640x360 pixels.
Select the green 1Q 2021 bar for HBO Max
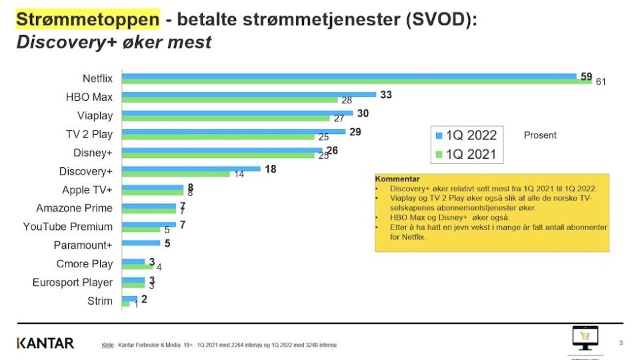click(230, 100)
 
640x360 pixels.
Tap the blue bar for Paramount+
click(141, 243)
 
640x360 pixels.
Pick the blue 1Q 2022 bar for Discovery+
click(191, 169)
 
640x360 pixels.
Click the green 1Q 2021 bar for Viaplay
click(226, 119)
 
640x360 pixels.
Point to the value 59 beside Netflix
click(586, 76)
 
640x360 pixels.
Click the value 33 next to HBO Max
click(385, 95)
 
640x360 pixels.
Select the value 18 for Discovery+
click(270, 169)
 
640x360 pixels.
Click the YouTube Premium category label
click(68, 227)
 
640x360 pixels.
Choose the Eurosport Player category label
click(73, 282)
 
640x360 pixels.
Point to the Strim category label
click(100, 301)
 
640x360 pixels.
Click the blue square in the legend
click(439, 135)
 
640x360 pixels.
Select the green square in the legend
click(439, 155)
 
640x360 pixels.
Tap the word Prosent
click(540, 135)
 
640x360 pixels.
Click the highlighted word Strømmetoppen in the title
click(87, 19)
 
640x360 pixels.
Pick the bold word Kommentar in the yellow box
click(397, 179)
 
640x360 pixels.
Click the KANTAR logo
click(45, 343)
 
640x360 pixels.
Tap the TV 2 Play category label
click(89, 134)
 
